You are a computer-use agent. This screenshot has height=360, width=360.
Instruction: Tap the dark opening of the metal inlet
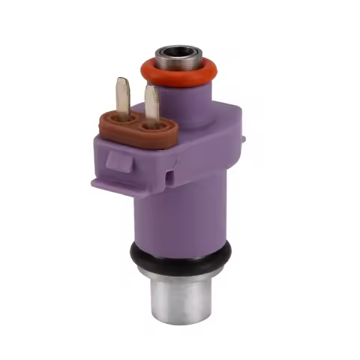pos(178,52)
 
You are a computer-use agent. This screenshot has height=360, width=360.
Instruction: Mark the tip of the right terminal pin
pos(151,88)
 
